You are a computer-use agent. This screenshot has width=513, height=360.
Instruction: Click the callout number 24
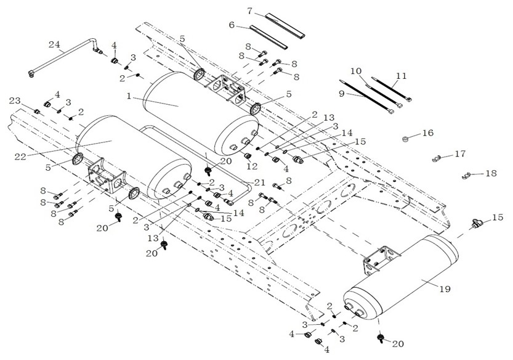pyautogui.click(x=55, y=44)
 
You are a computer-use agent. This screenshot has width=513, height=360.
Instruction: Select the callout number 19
pyautogui.click(x=445, y=289)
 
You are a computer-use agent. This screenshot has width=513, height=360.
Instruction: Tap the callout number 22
pyautogui.click(x=20, y=157)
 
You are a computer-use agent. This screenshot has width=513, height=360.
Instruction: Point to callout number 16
pyautogui.click(x=428, y=133)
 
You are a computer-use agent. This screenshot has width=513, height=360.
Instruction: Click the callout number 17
pyautogui.click(x=460, y=153)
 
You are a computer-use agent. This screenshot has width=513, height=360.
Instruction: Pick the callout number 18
pyautogui.click(x=491, y=173)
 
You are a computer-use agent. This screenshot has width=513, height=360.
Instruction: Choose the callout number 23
pyautogui.click(x=15, y=101)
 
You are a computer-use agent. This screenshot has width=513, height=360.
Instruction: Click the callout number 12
pyautogui.click(x=252, y=166)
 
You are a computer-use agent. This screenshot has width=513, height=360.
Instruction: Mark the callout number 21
pyautogui.click(x=259, y=182)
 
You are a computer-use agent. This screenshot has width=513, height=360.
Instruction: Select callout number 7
pyautogui.click(x=249, y=11)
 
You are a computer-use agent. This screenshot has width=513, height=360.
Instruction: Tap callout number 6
pyautogui.click(x=232, y=25)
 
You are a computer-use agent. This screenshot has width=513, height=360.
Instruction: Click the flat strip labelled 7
pyautogui.click(x=285, y=24)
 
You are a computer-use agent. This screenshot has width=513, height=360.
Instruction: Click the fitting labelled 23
pyautogui.click(x=38, y=112)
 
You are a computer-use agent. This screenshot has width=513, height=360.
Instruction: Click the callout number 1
pyautogui.click(x=129, y=96)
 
